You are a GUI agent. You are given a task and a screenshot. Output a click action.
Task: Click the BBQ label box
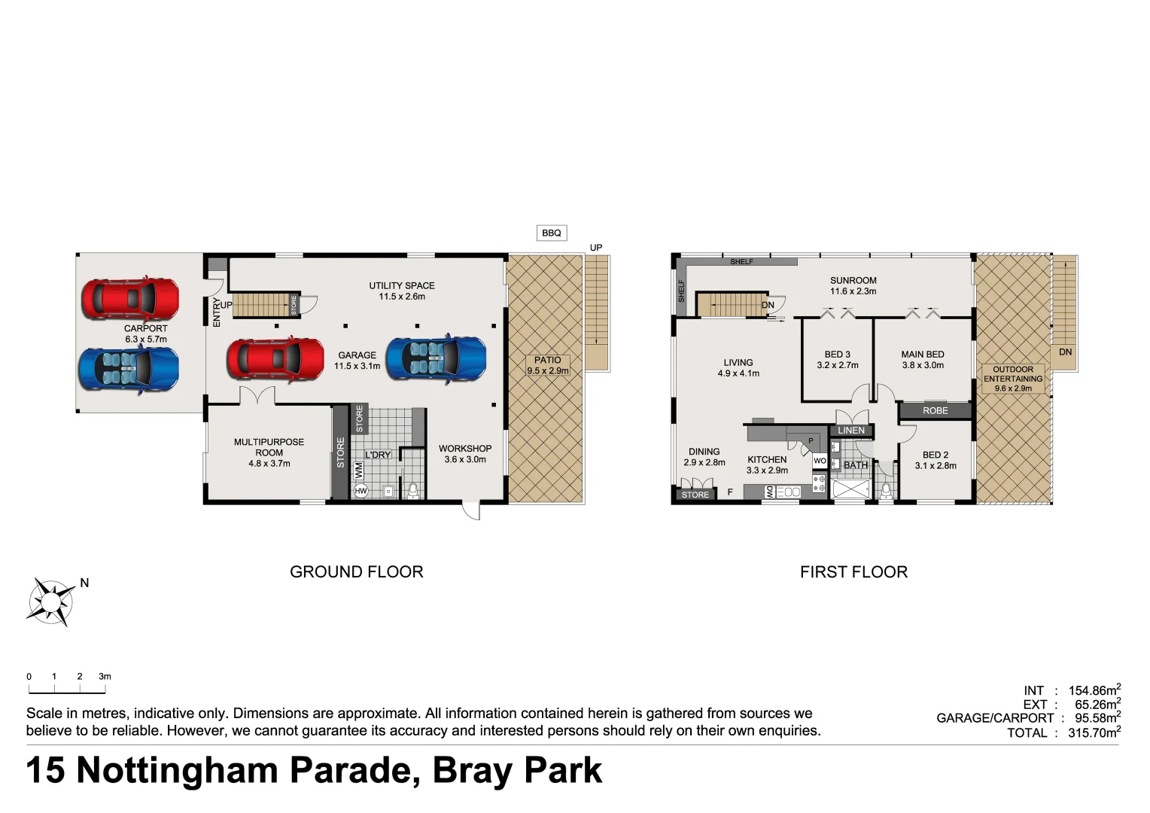(x=551, y=233)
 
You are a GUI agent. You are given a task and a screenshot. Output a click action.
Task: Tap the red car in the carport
(x=130, y=299)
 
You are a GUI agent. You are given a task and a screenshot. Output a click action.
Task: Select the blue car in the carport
(x=129, y=369)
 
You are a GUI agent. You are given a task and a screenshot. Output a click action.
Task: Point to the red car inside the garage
(x=275, y=358)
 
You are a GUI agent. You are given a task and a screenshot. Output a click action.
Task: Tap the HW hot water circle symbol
(x=361, y=491)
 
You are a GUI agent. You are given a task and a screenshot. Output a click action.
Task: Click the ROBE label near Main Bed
(x=935, y=410)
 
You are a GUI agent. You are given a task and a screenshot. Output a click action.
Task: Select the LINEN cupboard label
(x=851, y=431)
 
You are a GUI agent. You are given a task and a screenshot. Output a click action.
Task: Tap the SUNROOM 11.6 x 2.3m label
(x=853, y=285)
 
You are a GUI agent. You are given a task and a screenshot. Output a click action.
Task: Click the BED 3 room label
(x=837, y=359)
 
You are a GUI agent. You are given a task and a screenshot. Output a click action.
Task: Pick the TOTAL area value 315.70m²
(x=1094, y=732)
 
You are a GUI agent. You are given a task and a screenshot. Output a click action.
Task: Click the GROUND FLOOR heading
(x=356, y=571)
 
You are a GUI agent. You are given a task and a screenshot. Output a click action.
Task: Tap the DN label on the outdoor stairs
(x=1065, y=352)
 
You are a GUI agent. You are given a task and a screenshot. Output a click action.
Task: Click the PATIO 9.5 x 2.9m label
(x=548, y=365)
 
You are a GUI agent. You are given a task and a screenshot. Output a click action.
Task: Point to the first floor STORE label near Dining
(x=695, y=495)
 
